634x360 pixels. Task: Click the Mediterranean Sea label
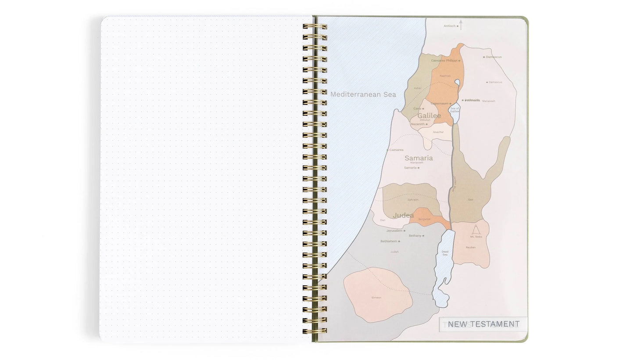363,94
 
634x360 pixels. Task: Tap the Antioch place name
449,26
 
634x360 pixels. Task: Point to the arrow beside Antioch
461,24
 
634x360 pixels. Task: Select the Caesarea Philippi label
444,61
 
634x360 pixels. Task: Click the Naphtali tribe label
445,76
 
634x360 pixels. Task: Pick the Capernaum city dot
451,104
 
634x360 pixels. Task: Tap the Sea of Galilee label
455,110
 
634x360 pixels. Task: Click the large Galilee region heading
429,115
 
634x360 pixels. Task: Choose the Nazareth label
418,124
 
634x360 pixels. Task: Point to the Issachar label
438,132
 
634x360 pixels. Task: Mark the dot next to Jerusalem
405,230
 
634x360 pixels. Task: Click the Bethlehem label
388,241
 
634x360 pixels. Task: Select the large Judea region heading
403,215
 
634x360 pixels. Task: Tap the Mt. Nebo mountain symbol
476,229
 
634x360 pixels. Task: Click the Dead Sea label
444,253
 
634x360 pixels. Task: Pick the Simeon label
376,298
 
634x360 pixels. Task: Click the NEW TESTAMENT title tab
484,324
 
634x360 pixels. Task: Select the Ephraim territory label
413,200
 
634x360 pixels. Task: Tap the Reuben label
470,247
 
